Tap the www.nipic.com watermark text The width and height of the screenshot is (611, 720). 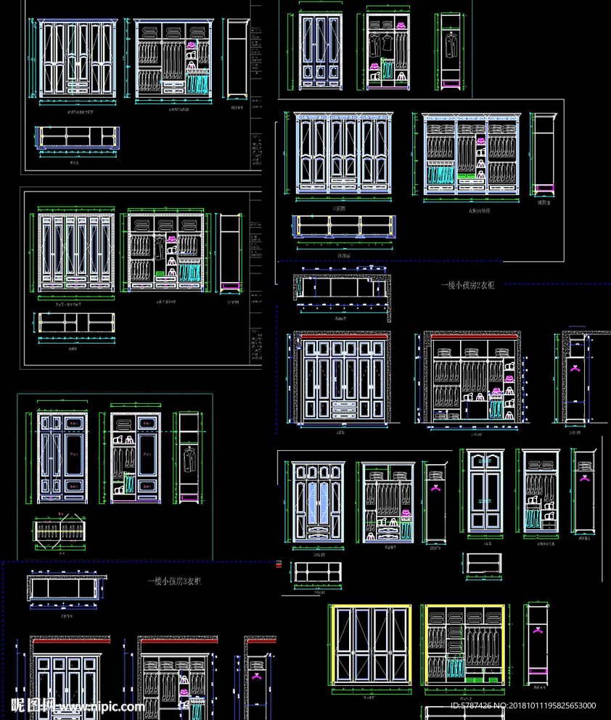pyautogui.click(x=101, y=706)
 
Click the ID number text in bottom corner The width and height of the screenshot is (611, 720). pyautogui.click(x=523, y=705)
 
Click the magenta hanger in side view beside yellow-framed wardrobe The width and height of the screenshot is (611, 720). pyautogui.click(x=538, y=630)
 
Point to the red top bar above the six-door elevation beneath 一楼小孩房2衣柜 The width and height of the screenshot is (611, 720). pyautogui.click(x=341, y=335)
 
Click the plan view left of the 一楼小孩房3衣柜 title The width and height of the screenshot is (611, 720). pyautogui.click(x=64, y=586)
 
